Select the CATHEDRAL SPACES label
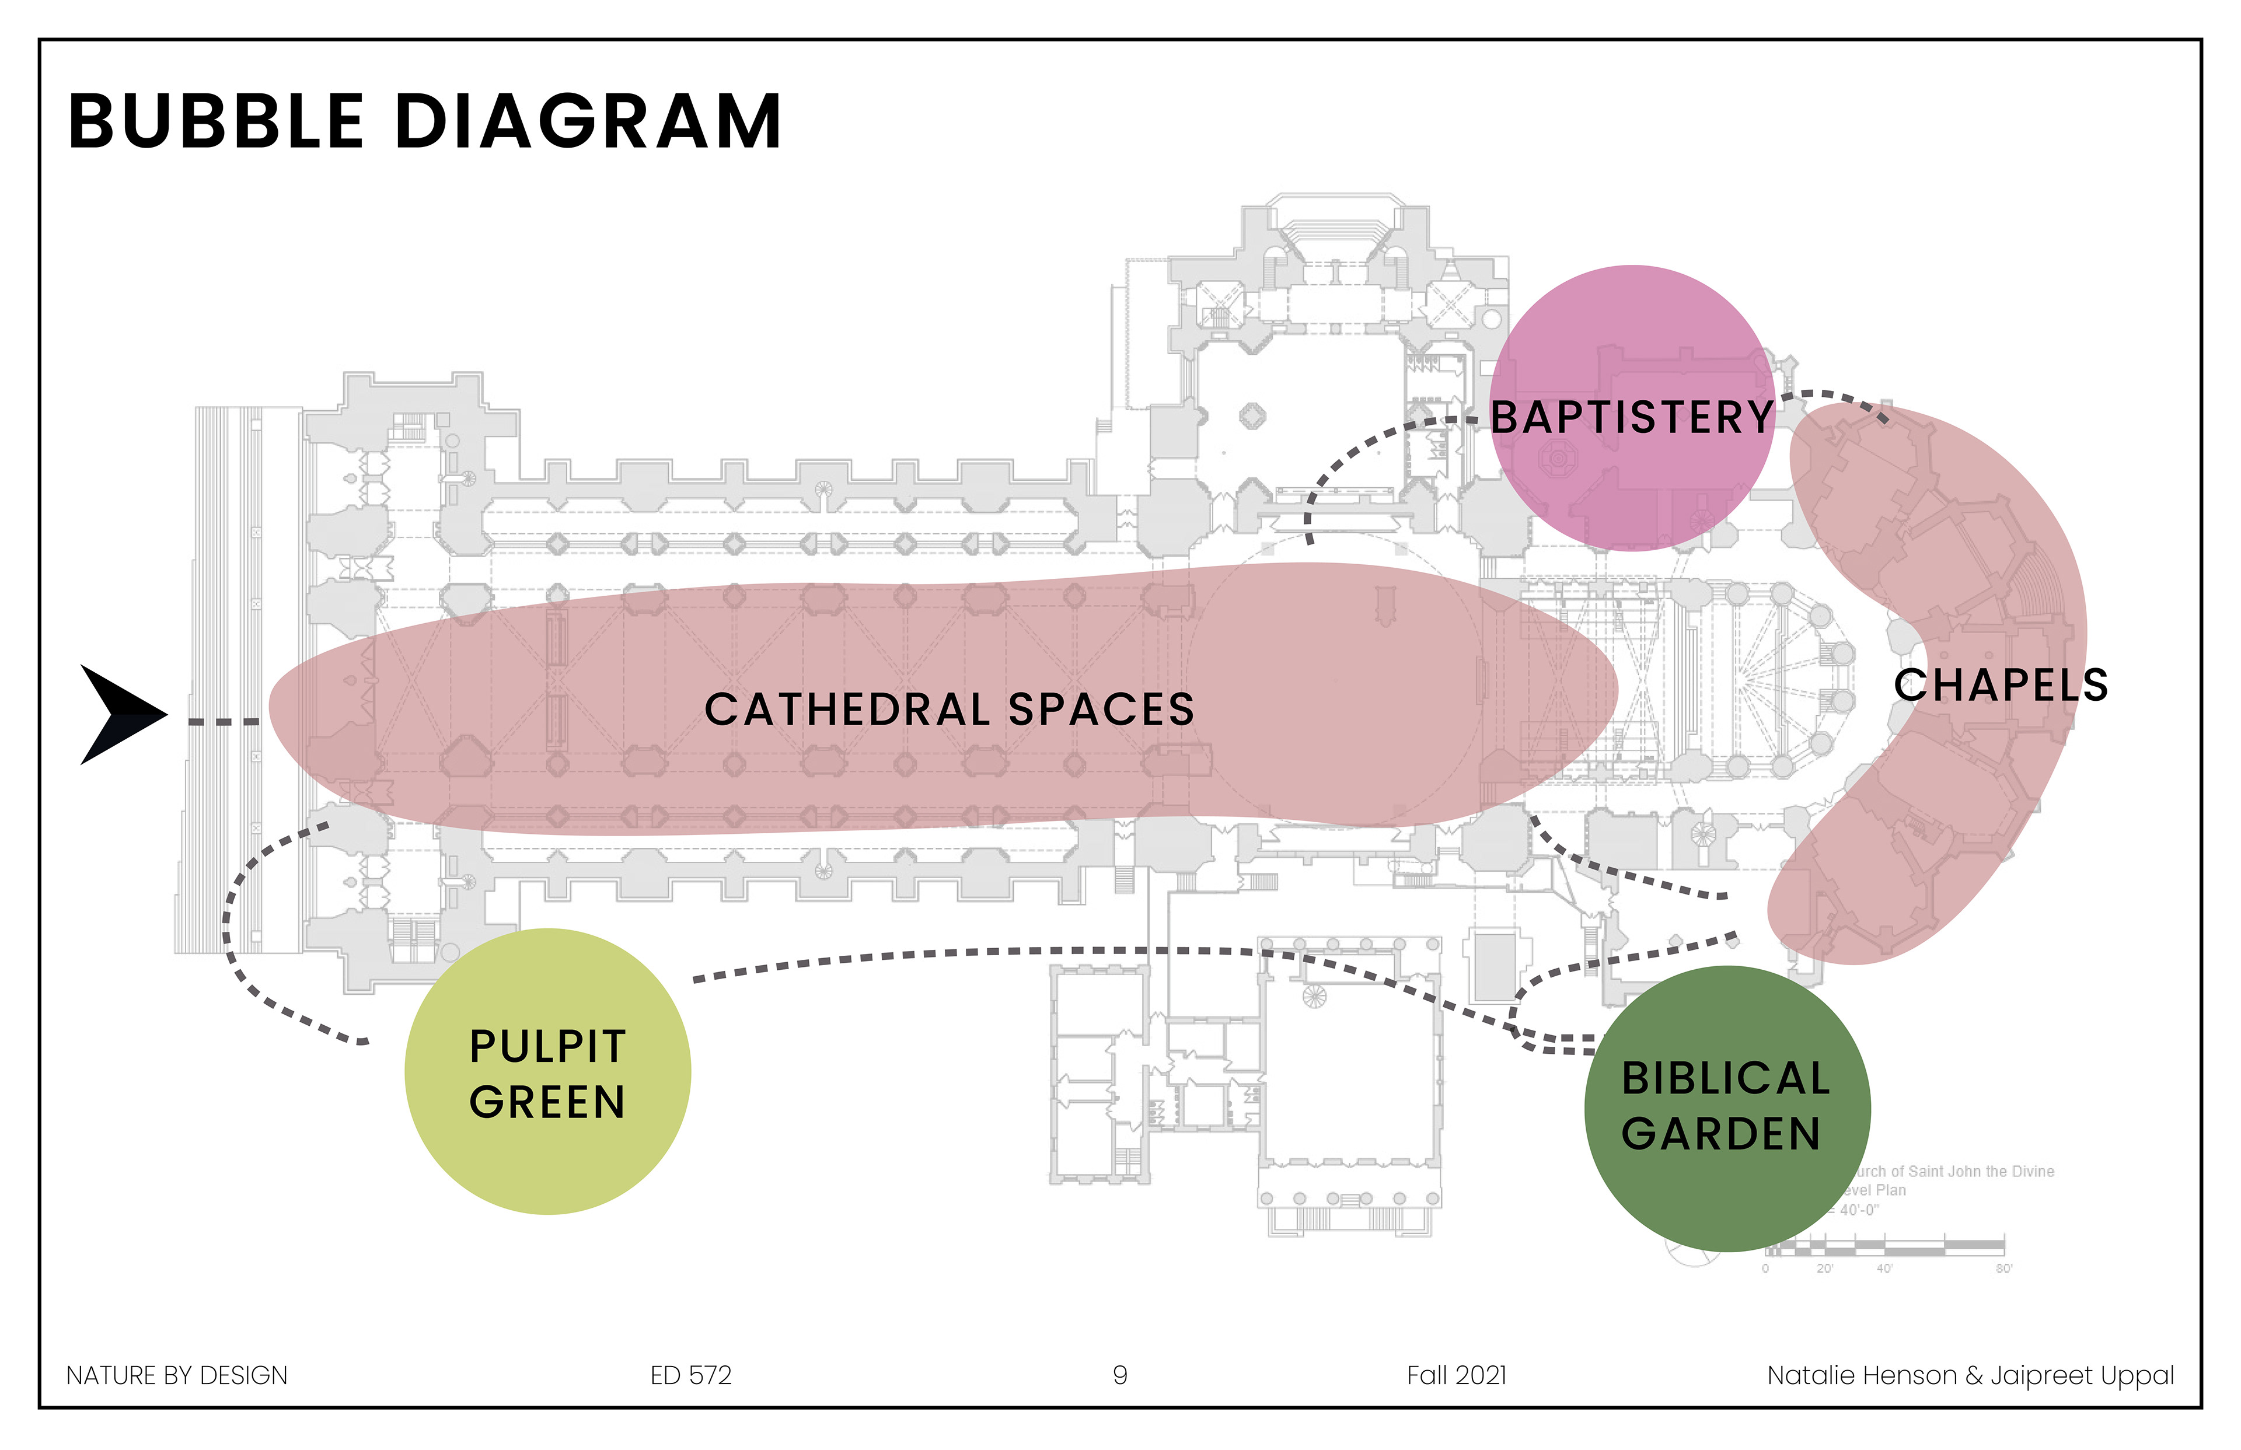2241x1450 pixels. click(x=949, y=709)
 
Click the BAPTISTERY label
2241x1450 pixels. click(x=1632, y=417)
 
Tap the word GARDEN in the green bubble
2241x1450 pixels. click(x=1721, y=1134)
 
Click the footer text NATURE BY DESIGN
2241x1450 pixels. click(x=177, y=1376)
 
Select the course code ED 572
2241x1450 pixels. click(x=690, y=1376)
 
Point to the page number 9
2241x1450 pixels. click(x=1119, y=1376)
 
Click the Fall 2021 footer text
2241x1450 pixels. click(x=1457, y=1376)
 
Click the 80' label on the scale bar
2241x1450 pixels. click(x=2003, y=1269)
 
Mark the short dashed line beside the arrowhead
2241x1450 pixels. click(x=223, y=722)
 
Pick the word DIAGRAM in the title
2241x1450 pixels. click(x=588, y=123)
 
